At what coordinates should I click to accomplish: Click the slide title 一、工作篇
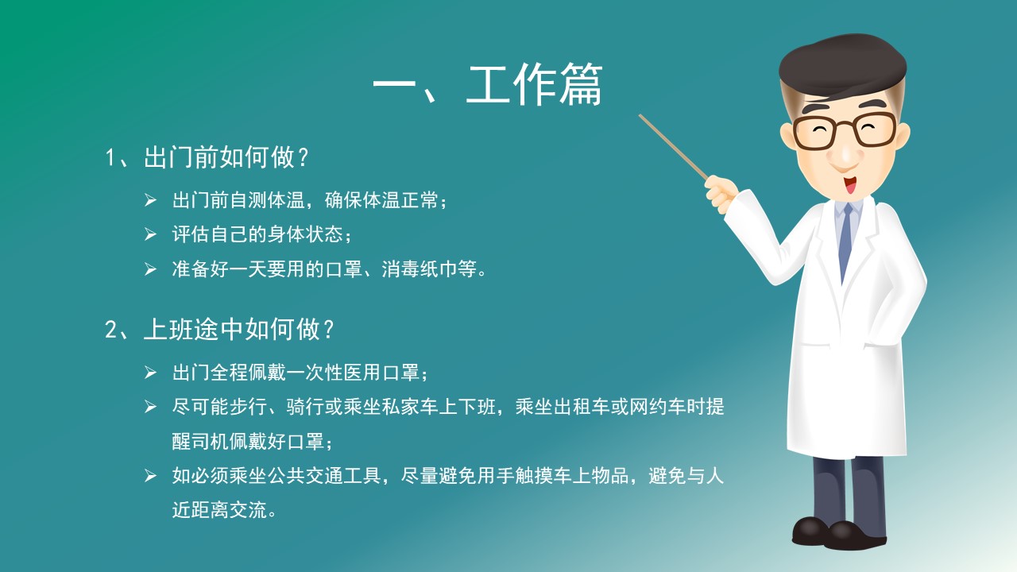pyautogui.click(x=488, y=85)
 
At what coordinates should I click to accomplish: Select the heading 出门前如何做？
pyautogui.click(x=226, y=157)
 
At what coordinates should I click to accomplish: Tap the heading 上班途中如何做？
pyautogui.click(x=239, y=329)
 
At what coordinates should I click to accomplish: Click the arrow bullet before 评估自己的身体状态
pyautogui.click(x=150, y=234)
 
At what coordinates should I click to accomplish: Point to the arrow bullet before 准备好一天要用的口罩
pyautogui.click(x=150, y=269)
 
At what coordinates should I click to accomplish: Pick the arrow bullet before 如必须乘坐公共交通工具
pyautogui.click(x=150, y=476)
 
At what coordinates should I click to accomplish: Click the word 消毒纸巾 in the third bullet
pyautogui.click(x=419, y=269)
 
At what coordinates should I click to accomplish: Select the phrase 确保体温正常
pyautogui.click(x=381, y=199)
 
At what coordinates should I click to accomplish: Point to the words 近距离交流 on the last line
pyautogui.click(x=219, y=510)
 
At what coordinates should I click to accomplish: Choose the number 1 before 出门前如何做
pyautogui.click(x=110, y=158)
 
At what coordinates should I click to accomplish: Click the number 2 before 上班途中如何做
pyautogui.click(x=110, y=330)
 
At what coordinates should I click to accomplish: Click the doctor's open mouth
pyautogui.click(x=850, y=184)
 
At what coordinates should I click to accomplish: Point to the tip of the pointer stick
pyautogui.click(x=640, y=115)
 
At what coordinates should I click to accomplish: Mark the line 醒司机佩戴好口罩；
pyautogui.click(x=253, y=441)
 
